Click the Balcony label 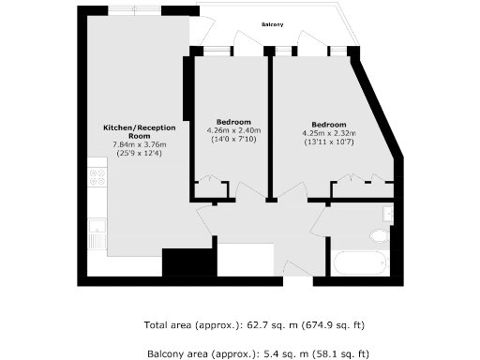click(273, 25)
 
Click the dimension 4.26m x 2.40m click(232, 131)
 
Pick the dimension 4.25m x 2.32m click(329, 133)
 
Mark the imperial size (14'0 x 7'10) click(232, 140)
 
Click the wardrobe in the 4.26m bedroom click(212, 187)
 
